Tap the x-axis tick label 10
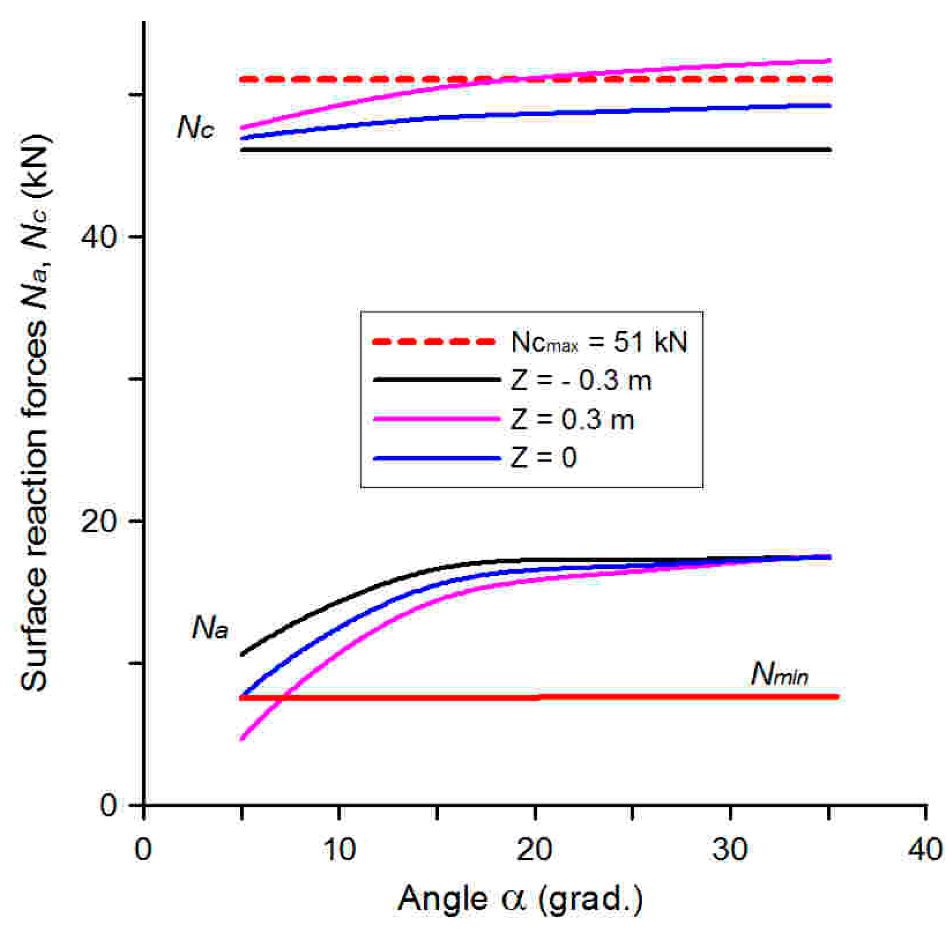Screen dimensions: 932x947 point(339,850)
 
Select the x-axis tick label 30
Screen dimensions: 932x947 point(730,850)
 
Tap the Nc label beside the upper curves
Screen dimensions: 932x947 point(195,129)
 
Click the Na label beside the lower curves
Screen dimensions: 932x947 point(209,628)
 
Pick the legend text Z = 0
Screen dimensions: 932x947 point(543,458)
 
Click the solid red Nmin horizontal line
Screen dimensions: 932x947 point(538,697)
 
